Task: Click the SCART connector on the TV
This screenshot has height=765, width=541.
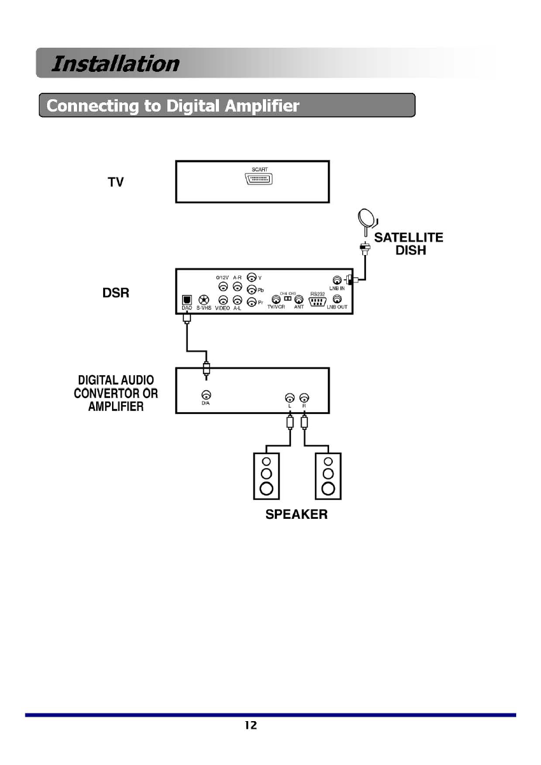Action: pos(258,179)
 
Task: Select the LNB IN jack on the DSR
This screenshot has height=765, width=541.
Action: pos(337,279)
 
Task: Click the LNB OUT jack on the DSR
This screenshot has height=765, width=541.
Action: pos(337,298)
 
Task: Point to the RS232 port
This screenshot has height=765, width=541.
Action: pos(318,300)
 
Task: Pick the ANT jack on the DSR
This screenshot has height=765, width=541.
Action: pos(299,299)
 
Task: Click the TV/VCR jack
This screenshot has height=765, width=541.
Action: pos(276,299)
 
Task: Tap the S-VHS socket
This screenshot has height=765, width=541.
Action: pos(204,300)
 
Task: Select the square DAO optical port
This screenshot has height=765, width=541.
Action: pos(187,300)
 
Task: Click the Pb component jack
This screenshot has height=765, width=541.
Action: pos(252,290)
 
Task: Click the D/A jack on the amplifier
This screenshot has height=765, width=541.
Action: pos(206,395)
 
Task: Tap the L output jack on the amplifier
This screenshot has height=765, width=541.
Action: pos(290,396)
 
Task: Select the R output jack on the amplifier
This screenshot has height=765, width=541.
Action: pos(304,396)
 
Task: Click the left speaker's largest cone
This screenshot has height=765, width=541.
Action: pos(267,488)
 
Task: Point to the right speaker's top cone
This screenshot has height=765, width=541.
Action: pos(328,462)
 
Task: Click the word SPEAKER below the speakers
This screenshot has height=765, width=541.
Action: pos(297,514)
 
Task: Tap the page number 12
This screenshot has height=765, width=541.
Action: pos(251,725)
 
